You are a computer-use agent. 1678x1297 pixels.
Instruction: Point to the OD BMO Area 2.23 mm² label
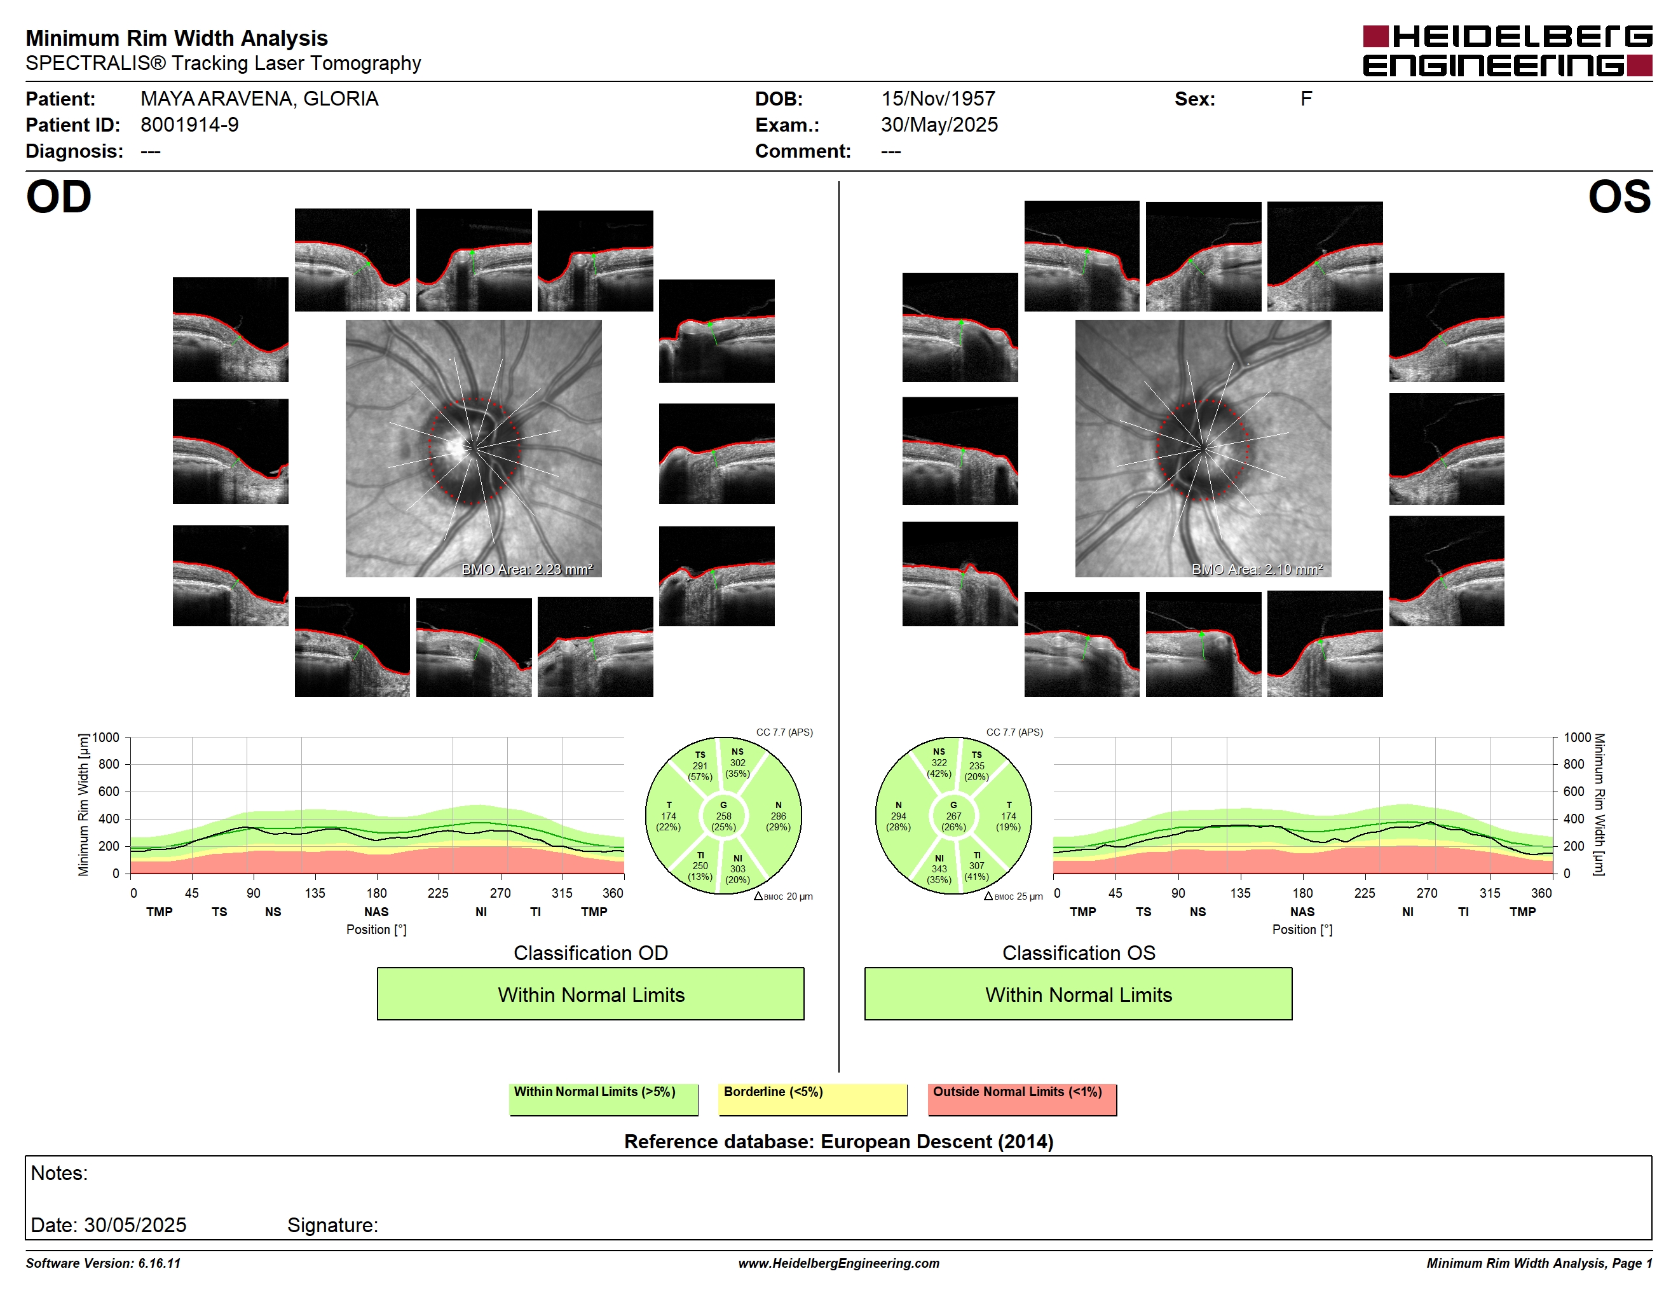click(527, 570)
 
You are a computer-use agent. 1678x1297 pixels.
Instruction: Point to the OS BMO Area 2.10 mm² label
click(1257, 570)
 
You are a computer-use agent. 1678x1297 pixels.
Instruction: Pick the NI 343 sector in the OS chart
click(939, 869)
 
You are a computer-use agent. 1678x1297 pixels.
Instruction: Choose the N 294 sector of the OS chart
click(898, 816)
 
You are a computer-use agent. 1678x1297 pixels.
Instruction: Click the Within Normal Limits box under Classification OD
click(590, 994)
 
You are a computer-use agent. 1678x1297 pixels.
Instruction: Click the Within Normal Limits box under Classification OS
click(1078, 994)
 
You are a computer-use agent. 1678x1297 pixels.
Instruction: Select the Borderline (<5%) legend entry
click(812, 1099)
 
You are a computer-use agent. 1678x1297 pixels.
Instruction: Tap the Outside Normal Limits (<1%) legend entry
click(1022, 1099)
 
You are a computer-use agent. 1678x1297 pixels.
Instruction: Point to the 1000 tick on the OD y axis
click(106, 738)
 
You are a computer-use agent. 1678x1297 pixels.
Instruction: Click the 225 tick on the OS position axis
click(1365, 893)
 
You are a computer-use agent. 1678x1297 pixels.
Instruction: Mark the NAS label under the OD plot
click(376, 911)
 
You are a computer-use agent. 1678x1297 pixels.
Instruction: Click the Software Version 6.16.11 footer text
click(103, 1263)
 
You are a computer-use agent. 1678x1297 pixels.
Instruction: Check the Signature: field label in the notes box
click(332, 1225)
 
